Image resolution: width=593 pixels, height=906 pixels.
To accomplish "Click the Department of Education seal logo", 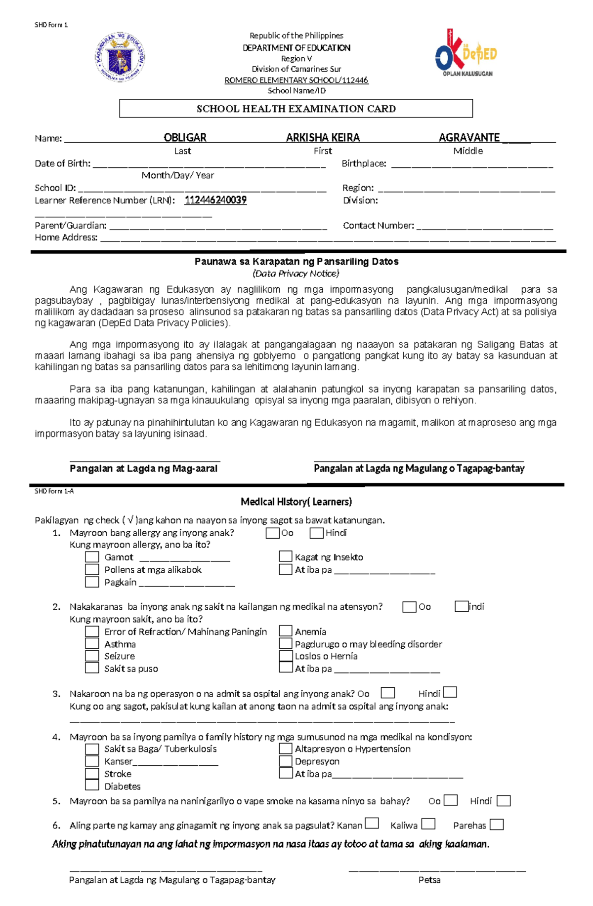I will pyautogui.click(x=120, y=57).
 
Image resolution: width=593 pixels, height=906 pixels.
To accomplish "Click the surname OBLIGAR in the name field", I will pyautogui.click(x=185, y=138).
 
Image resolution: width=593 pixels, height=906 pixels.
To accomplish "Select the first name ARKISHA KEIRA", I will pyautogui.click(x=323, y=138).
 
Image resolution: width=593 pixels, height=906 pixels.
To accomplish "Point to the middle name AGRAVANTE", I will pyautogui.click(x=469, y=138).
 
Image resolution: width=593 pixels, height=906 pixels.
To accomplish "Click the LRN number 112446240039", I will pyautogui.click(x=215, y=200).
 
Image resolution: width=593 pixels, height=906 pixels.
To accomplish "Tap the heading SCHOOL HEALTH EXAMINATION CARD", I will pyautogui.click(x=296, y=109).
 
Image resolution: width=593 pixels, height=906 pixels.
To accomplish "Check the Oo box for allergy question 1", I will pyautogui.click(x=272, y=533).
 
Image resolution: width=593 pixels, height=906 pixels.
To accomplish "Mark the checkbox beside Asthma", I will pyautogui.click(x=92, y=643).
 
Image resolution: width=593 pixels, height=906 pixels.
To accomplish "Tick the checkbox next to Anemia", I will pyautogui.click(x=285, y=631).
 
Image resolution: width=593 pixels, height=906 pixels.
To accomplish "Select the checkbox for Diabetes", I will pyautogui.click(x=92, y=785).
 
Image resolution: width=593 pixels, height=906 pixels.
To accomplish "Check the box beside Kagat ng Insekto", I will pyautogui.click(x=285, y=556).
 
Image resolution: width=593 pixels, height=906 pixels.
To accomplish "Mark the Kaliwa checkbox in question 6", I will pyautogui.click(x=428, y=824).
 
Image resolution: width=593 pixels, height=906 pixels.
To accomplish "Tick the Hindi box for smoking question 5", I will pyautogui.click(x=503, y=801).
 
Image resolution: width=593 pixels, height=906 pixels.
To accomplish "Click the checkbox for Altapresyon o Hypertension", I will pyautogui.click(x=285, y=748).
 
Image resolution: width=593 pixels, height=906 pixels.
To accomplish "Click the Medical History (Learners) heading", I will pyautogui.click(x=296, y=502).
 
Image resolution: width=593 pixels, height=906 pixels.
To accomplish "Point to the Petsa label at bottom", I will pyautogui.click(x=429, y=880).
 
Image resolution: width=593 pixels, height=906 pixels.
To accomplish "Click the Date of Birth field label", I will pyautogui.click(x=63, y=163).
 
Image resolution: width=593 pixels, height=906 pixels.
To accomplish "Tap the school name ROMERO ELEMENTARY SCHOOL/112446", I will pyautogui.click(x=296, y=80).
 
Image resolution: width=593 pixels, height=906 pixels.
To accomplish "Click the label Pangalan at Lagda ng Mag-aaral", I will pyautogui.click(x=143, y=469).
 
